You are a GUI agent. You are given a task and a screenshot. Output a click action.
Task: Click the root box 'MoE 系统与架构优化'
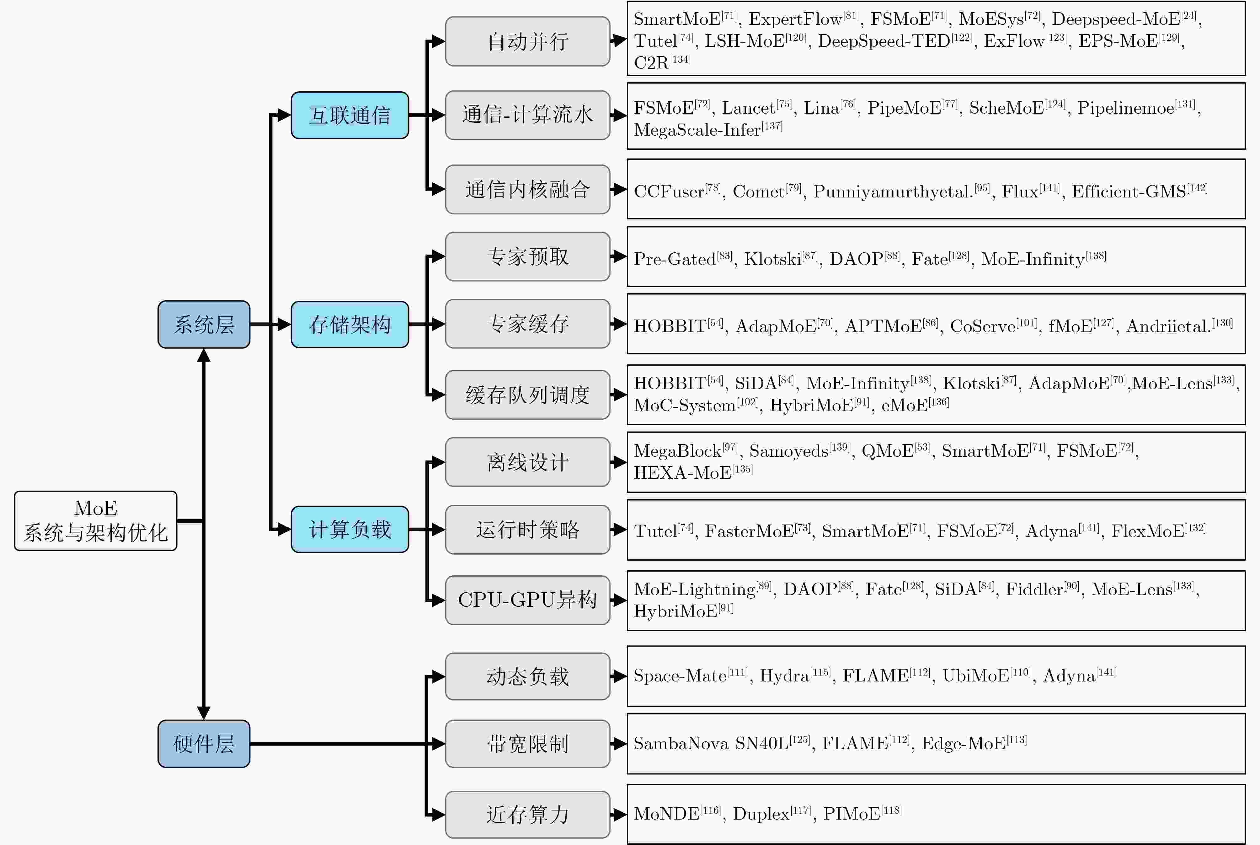(95, 520)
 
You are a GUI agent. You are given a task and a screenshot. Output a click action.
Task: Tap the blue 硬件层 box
(204, 744)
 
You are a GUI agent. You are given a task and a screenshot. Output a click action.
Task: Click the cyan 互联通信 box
(350, 115)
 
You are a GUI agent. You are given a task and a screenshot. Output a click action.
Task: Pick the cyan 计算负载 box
(350, 529)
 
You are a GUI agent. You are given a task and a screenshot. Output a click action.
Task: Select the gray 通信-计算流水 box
(527, 115)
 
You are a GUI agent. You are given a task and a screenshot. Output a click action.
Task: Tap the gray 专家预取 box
(527, 256)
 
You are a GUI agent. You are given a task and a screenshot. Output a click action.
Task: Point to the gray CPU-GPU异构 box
(527, 600)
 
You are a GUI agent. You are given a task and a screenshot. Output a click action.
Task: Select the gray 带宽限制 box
(527, 744)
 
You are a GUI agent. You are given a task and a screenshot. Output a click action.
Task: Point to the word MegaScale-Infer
(697, 130)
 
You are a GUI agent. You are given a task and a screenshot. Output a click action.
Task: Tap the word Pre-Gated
(675, 259)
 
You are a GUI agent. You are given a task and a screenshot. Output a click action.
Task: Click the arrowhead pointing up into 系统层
(204, 355)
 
